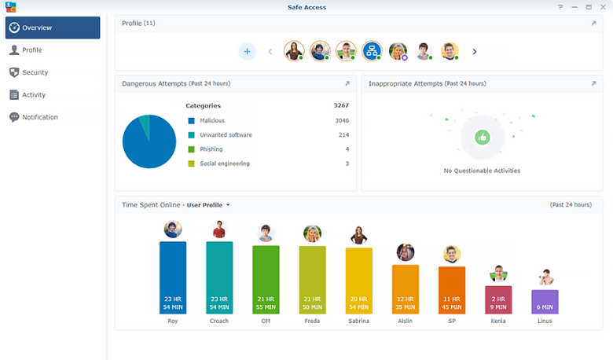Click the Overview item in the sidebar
coord(52,28)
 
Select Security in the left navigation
coord(35,72)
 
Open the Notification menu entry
coord(39,117)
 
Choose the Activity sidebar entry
coord(33,95)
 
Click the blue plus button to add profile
coord(247,52)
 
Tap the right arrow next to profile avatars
coord(475,52)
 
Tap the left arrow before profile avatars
coord(270,52)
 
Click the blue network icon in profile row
coord(372,51)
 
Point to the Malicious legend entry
coord(211,121)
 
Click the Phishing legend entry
coord(211,149)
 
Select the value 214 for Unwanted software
coord(343,135)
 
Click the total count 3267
coord(341,105)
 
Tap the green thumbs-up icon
coord(482,137)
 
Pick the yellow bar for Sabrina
coord(359,281)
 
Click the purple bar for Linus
coord(545,302)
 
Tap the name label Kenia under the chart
coord(498,321)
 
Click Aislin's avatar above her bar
coord(406,252)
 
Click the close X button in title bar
coord(603,6)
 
